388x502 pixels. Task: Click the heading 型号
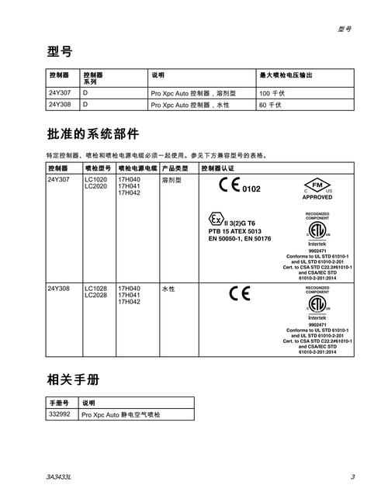point(60,52)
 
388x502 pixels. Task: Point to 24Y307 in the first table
point(59,93)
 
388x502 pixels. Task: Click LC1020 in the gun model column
point(95,179)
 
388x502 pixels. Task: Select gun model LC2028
point(95,295)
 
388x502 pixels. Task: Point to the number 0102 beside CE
point(251,189)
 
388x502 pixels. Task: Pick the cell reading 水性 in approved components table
point(168,289)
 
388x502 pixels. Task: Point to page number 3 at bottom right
point(352,476)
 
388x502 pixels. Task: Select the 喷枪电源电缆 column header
point(137,168)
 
